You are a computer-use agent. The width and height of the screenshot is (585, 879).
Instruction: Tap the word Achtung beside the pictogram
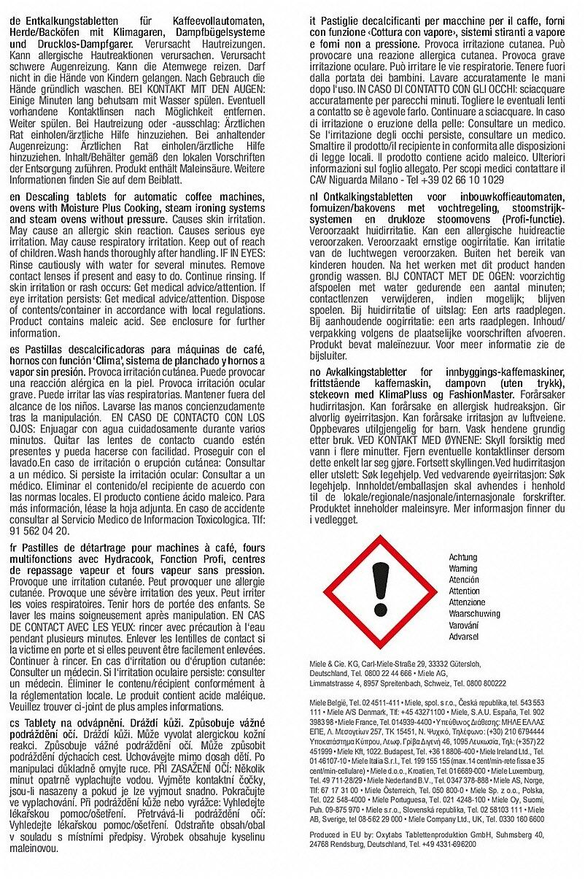pos(462,557)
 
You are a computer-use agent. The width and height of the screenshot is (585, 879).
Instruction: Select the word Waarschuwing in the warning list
pos(474,614)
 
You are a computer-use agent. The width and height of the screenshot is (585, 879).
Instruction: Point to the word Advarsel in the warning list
pos(464,637)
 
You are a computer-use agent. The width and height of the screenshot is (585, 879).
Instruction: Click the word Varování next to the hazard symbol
pos(464,626)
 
